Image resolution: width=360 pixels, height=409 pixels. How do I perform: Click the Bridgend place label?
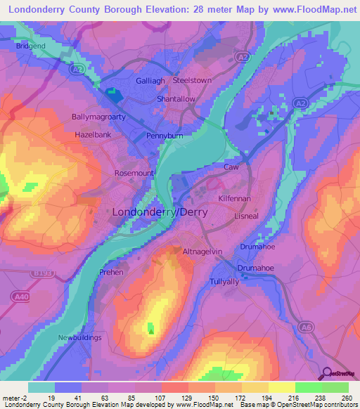30,46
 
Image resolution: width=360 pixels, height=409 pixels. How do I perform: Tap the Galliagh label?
150,81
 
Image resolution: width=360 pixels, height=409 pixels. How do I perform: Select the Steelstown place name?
192,81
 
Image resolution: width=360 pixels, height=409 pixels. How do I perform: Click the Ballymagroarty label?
98,117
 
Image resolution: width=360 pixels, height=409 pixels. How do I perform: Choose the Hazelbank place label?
93,134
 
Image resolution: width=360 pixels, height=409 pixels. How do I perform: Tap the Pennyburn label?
164,136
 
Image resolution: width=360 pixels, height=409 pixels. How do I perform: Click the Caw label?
231,167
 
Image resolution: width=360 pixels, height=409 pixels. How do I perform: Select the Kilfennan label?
234,200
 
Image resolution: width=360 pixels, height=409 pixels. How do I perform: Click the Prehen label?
111,272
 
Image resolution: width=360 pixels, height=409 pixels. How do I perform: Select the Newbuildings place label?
79,338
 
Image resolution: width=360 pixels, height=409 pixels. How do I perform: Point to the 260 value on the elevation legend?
347,397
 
